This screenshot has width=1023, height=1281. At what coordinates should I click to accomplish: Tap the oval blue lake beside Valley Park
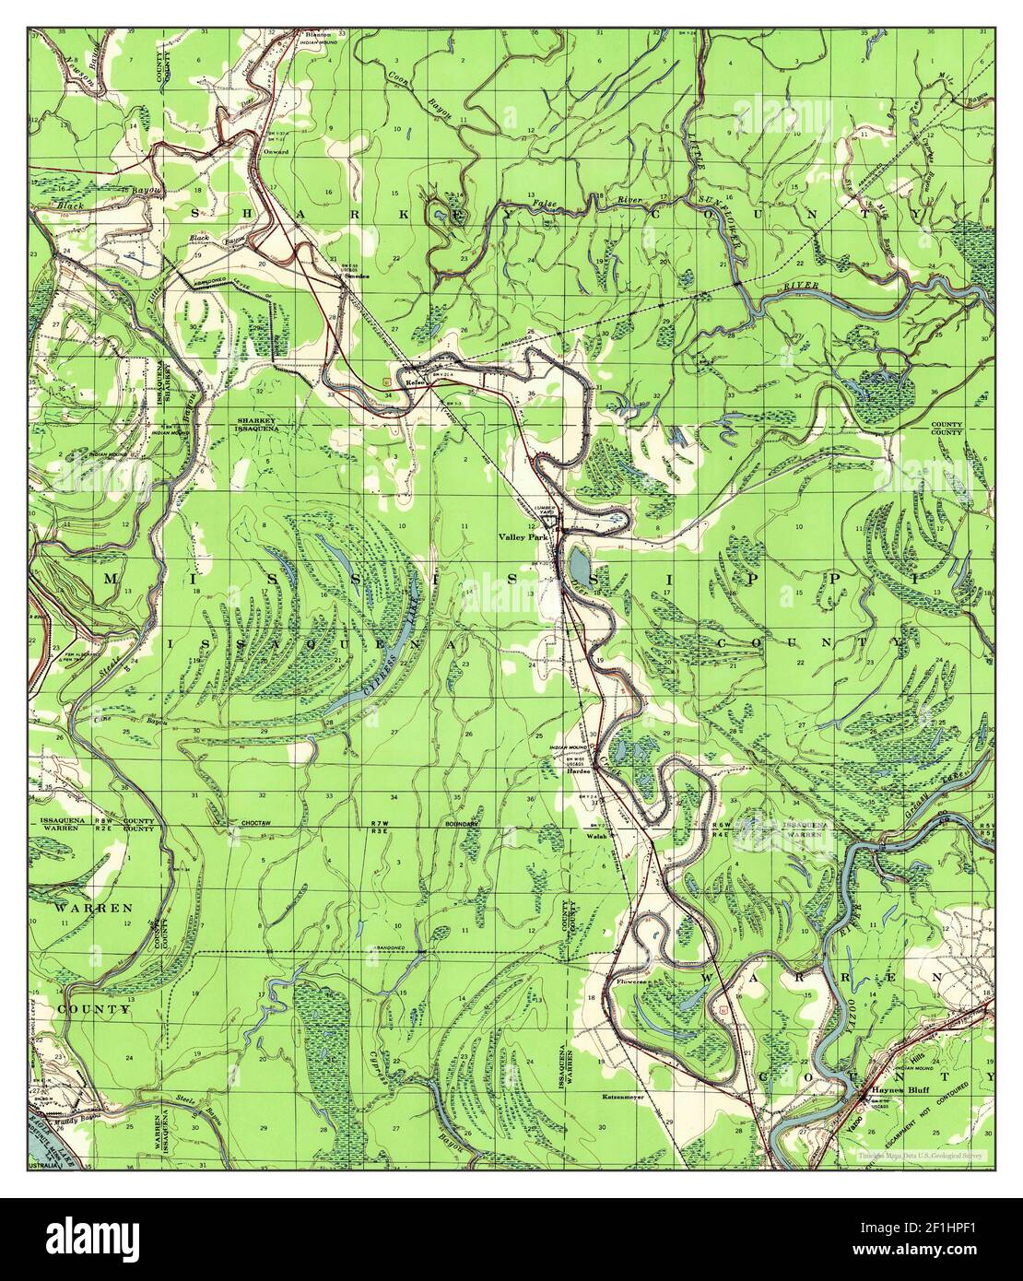(578, 558)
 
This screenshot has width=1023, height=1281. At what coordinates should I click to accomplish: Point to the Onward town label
(276, 150)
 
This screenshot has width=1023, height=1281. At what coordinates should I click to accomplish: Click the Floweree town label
(628, 982)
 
